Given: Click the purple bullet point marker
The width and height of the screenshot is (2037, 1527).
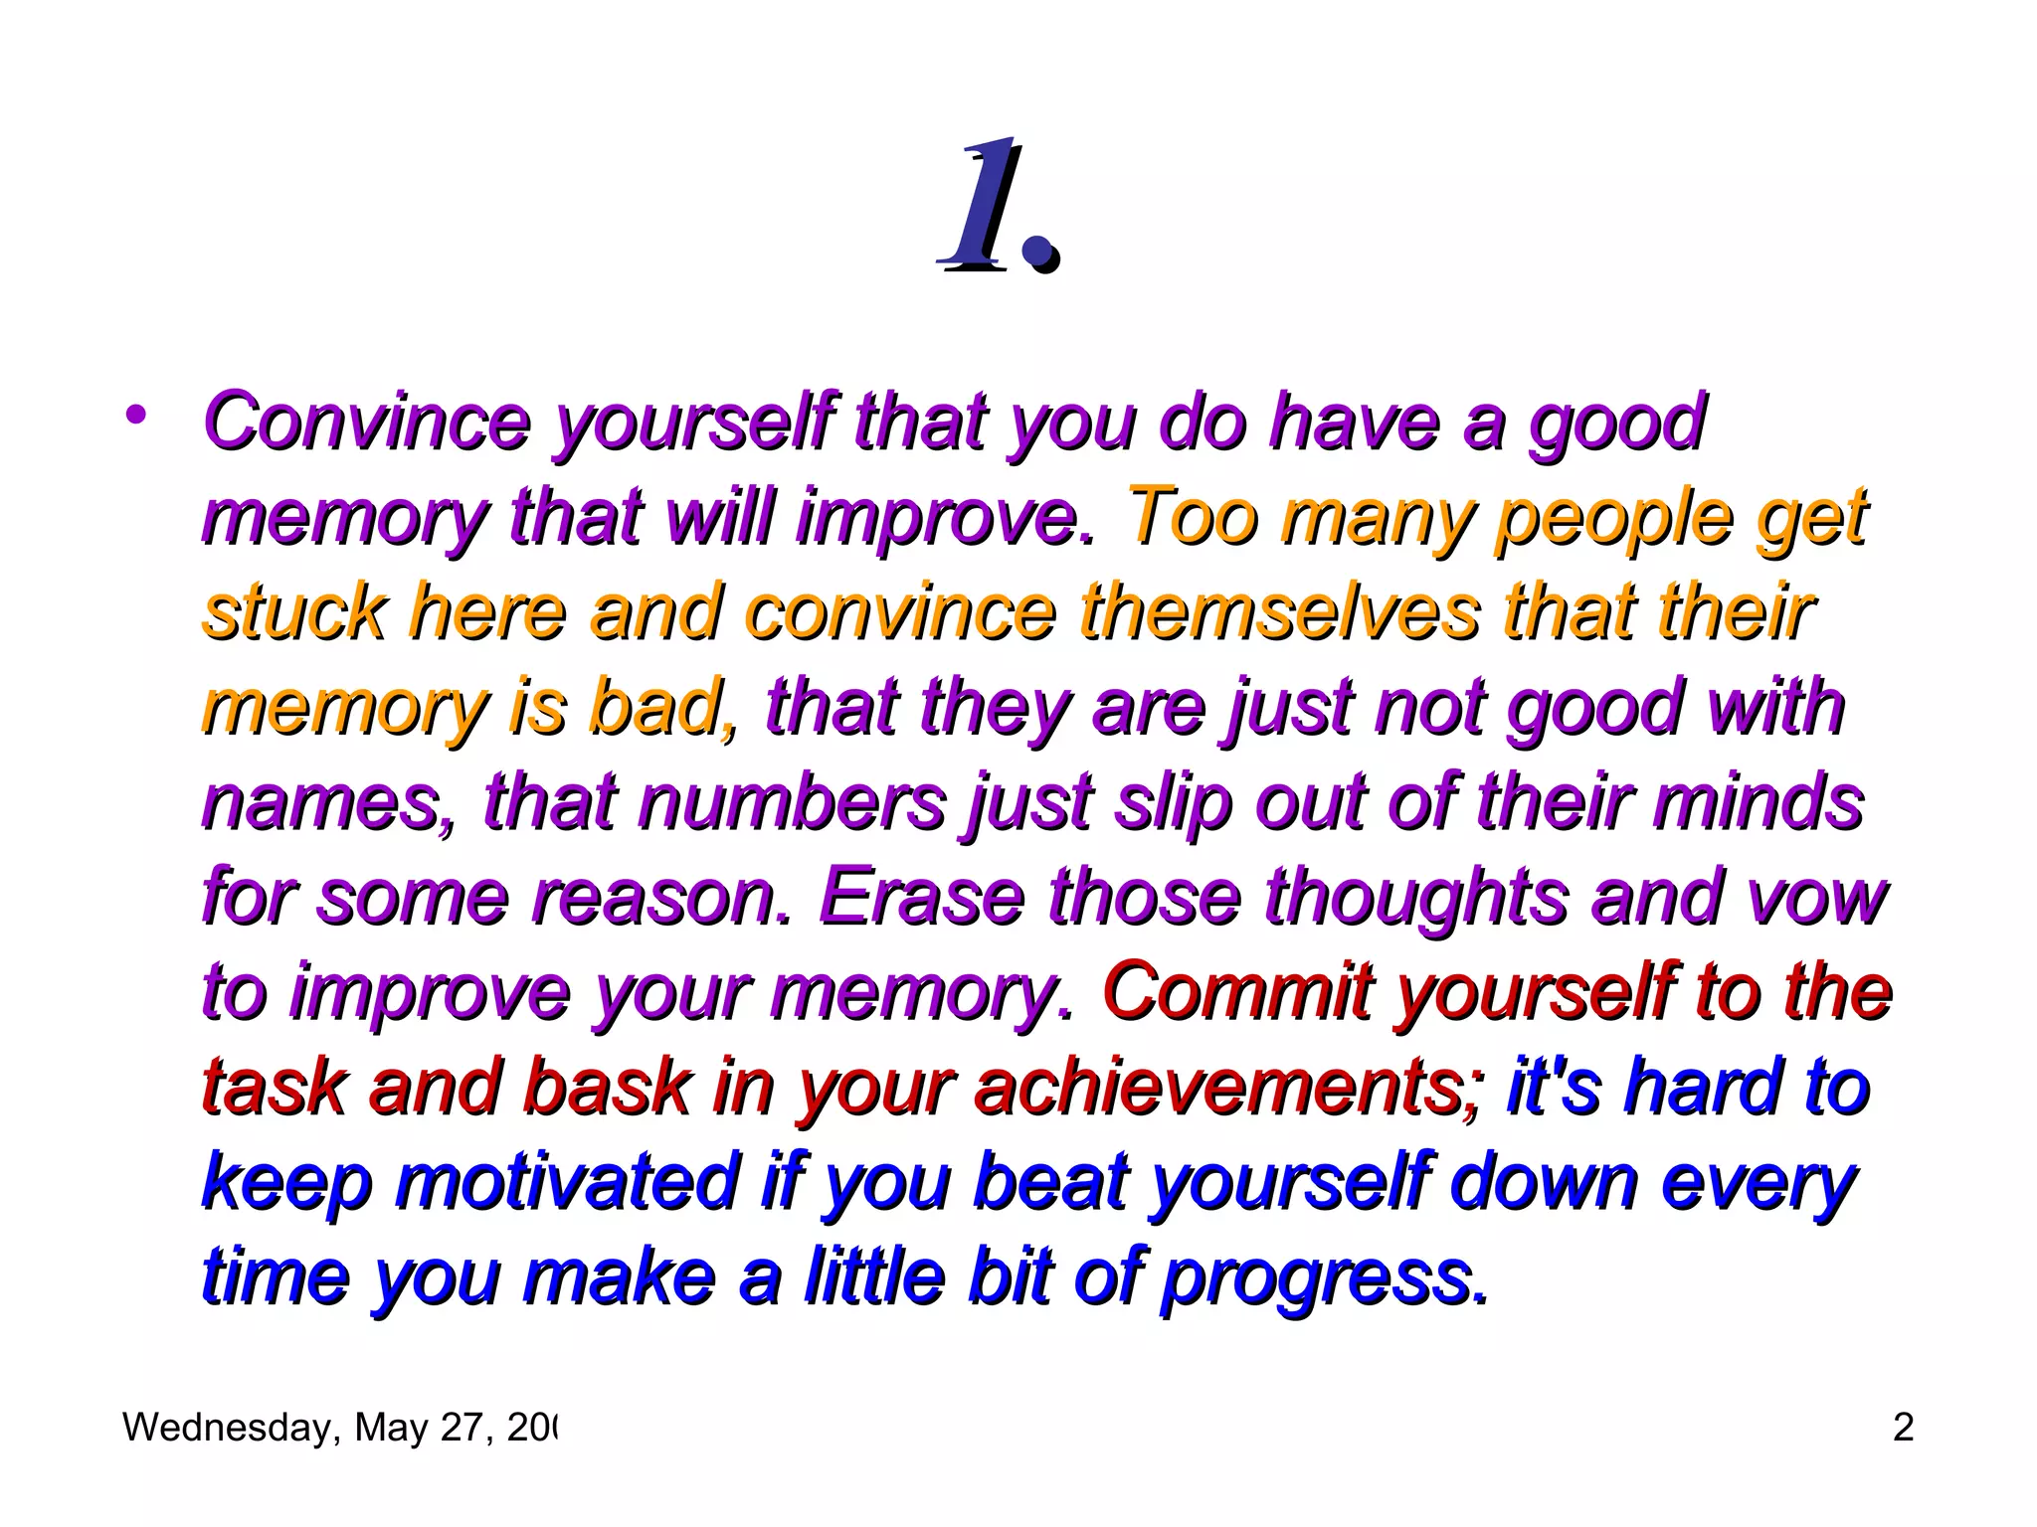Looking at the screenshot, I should (136, 415).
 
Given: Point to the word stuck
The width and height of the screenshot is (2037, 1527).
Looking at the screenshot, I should (294, 612).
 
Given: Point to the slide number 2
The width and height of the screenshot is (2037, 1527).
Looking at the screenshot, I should (1903, 1428).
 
